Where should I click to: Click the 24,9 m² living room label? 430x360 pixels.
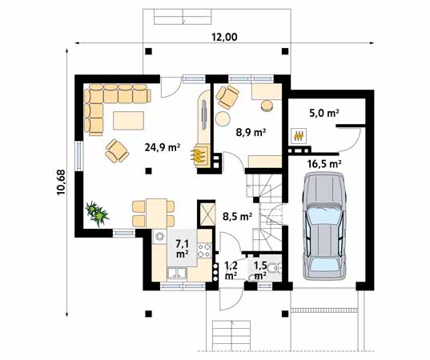(162, 148)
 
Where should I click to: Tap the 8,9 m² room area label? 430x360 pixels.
(251, 133)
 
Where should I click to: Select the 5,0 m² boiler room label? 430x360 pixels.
(324, 113)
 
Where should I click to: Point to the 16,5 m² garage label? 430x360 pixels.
(324, 164)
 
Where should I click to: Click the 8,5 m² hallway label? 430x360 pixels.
(238, 217)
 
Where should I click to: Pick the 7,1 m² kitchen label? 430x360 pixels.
(182, 248)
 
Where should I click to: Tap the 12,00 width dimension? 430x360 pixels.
(224, 37)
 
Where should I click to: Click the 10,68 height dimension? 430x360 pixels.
(61, 182)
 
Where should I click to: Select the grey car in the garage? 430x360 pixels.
(324, 226)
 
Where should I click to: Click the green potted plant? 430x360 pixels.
(97, 214)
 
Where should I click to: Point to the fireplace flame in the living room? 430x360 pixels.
(198, 157)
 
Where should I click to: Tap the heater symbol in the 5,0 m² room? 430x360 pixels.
(299, 136)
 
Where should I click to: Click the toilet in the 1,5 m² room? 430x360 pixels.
(273, 269)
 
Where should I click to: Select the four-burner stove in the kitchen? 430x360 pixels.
(204, 250)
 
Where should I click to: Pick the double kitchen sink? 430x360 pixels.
(177, 274)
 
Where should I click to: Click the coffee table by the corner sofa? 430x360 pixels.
(128, 120)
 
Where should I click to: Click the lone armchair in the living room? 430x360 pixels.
(117, 151)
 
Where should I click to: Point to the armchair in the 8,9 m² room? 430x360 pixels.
(227, 97)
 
